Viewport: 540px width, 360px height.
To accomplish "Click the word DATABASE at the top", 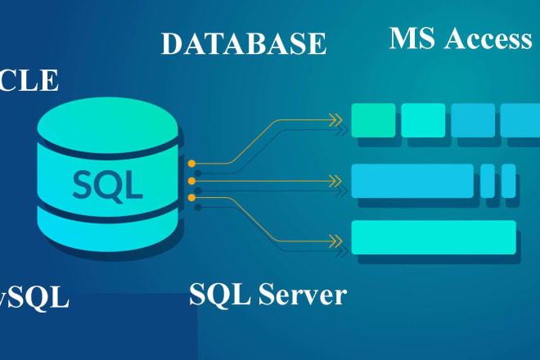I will pos(244,43).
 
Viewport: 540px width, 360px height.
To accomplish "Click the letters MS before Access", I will pos(412,38).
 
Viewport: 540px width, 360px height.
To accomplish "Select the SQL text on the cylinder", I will pos(106,185).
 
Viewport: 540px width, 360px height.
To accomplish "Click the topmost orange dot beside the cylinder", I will pos(191,164).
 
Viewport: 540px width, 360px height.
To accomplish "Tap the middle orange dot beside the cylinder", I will pos(191,181).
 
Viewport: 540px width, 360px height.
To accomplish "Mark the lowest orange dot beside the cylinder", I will pos(191,198).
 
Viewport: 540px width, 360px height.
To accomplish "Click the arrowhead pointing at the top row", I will pos(334,121).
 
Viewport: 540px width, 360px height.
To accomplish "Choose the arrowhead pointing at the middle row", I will pos(334,179).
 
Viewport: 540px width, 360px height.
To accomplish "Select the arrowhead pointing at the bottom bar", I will pos(334,239).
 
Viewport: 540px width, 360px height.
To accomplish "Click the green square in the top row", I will pos(372,120).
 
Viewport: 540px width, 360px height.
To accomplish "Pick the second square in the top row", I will pos(423,120).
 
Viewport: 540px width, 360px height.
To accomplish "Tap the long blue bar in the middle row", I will pos(412,180).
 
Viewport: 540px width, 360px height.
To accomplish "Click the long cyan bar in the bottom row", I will pos(434,237).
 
